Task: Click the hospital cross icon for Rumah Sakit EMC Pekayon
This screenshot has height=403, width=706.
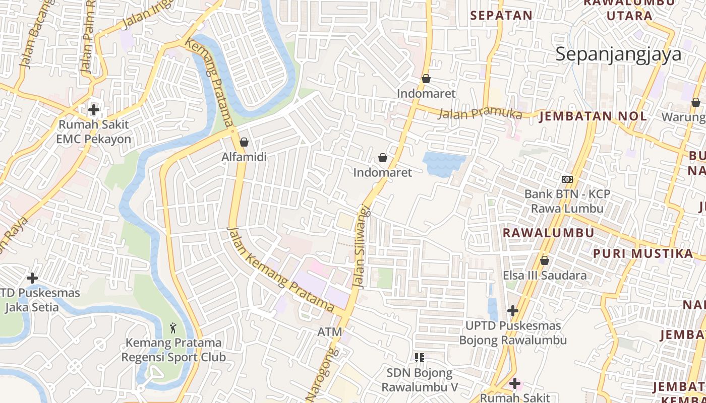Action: coord(93,109)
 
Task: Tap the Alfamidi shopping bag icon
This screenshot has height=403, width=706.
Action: coord(244,142)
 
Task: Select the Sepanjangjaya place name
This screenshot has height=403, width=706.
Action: coord(618,54)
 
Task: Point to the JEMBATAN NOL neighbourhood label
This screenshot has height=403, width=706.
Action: coord(593,116)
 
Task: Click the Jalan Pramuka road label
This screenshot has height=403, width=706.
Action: coord(479,113)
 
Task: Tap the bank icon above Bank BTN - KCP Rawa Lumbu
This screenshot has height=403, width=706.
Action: coord(567,179)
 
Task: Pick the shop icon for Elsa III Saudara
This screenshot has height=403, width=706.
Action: coord(545,260)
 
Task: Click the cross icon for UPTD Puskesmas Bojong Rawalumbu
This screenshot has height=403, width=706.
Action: coord(513,311)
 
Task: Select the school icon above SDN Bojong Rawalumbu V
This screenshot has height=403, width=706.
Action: coord(419,358)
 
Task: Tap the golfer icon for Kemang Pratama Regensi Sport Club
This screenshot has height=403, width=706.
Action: coord(173,328)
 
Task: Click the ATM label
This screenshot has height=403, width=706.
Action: coord(330,332)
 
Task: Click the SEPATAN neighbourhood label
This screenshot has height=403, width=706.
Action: coord(501,15)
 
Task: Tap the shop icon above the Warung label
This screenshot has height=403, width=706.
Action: coord(696,103)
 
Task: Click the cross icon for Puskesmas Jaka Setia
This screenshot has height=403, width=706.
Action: coord(32,278)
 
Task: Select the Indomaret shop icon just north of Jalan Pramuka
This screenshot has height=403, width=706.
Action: coord(426,79)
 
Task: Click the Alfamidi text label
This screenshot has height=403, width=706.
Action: coord(244,157)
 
